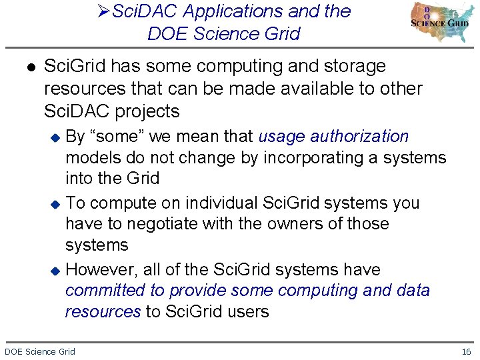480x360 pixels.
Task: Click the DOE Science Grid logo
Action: click(x=440, y=22)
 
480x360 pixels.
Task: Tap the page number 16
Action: click(x=466, y=351)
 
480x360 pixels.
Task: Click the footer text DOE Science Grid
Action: click(x=40, y=351)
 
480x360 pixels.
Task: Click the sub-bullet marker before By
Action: click(x=57, y=137)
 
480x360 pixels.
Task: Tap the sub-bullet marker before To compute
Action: click(x=57, y=204)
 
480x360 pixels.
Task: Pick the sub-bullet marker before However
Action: click(x=57, y=271)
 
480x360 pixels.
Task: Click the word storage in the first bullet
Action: click(x=351, y=67)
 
